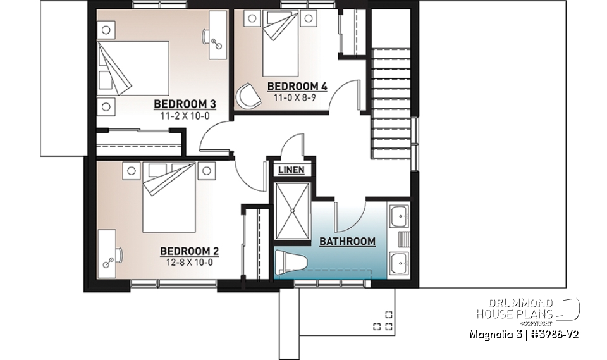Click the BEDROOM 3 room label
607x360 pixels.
[181, 104]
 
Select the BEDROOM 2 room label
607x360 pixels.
[189, 250]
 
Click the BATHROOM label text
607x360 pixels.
[347, 241]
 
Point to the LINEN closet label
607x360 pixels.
[291, 170]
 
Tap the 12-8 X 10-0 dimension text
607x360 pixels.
[189, 261]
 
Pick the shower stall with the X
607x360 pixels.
[293, 212]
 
